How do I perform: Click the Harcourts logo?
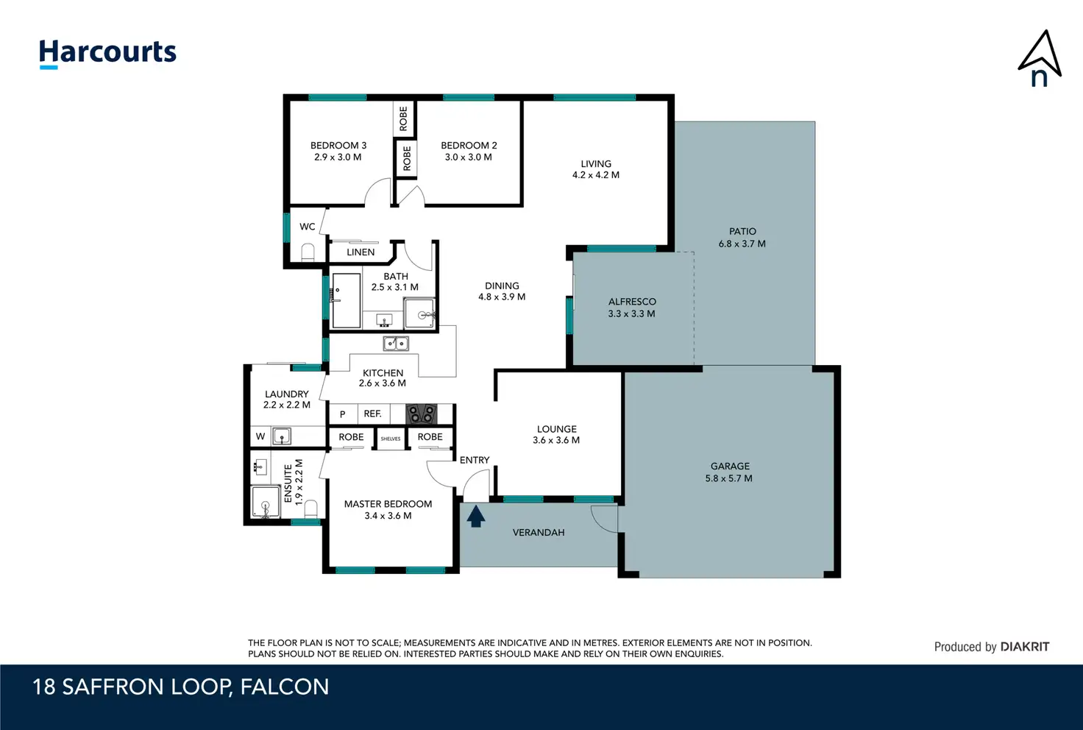107,54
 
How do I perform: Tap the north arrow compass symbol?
1040,59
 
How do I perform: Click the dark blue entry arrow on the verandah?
476,516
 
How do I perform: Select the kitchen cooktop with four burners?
421,414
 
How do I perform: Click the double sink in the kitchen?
396,343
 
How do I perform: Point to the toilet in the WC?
308,252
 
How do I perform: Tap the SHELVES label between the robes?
391,439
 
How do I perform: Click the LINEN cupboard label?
361,252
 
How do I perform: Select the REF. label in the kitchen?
373,414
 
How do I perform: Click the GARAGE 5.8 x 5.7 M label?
729,472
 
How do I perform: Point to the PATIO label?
742,232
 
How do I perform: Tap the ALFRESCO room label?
632,302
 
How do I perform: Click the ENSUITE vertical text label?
288,483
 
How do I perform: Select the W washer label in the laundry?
260,436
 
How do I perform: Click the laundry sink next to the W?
281,436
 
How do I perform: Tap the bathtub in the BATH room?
347,301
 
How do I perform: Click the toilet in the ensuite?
311,509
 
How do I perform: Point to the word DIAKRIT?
1024,647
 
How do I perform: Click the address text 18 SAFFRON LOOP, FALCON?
181,687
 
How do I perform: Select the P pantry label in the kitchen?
342,414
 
